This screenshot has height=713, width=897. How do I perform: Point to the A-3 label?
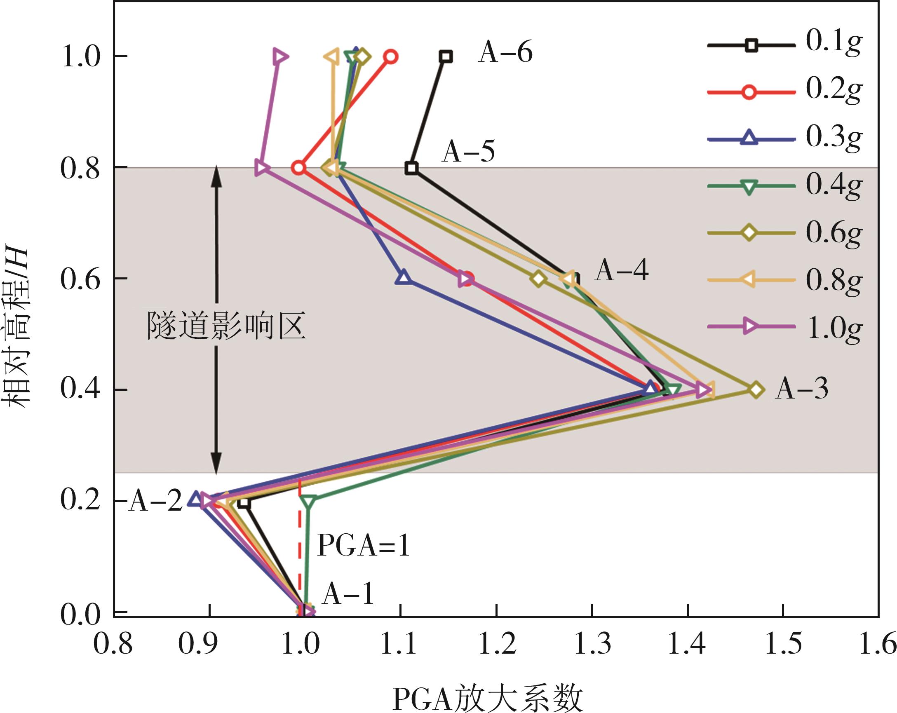click(x=801, y=389)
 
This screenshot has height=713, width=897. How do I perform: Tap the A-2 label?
click(x=155, y=501)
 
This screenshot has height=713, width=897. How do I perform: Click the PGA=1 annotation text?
click(x=364, y=545)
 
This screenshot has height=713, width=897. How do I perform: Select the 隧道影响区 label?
click(x=226, y=326)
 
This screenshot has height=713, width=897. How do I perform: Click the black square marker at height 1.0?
click(x=446, y=56)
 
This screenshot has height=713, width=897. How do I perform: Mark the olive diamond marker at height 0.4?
click(x=756, y=390)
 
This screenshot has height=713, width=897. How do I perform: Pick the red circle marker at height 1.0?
click(x=391, y=57)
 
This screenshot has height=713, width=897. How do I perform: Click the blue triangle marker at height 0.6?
click(x=403, y=277)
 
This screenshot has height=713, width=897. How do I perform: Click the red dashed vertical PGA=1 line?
click(x=300, y=549)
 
